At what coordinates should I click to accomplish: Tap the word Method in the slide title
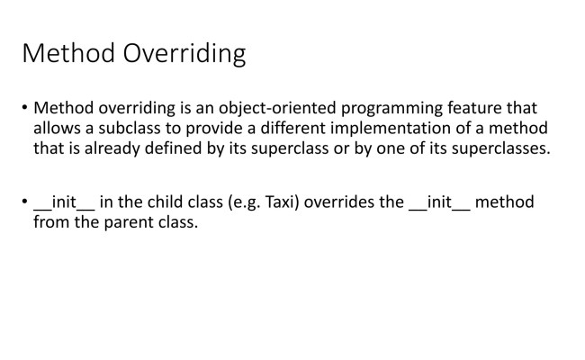(x=67, y=54)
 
